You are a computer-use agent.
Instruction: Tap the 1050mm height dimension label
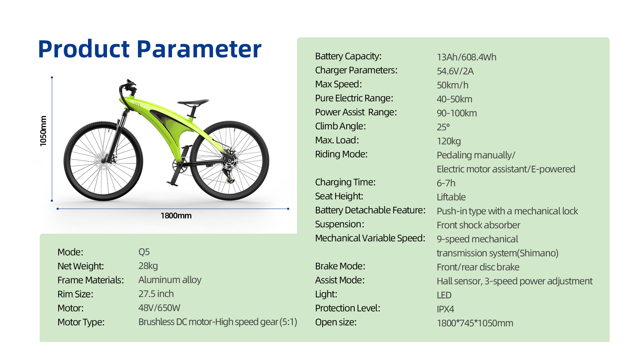pyautogui.click(x=43, y=131)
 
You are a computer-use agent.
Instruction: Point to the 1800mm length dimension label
pyautogui.click(x=176, y=216)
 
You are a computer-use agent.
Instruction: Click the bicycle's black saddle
pyautogui.click(x=193, y=102)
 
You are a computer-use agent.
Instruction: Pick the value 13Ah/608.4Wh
pyautogui.click(x=467, y=57)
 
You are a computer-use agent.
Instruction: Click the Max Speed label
pyautogui.click(x=338, y=84)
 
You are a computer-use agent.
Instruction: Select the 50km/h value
pyautogui.click(x=453, y=85)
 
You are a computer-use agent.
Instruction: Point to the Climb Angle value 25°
pyautogui.click(x=443, y=127)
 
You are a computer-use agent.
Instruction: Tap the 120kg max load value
pyautogui.click(x=449, y=141)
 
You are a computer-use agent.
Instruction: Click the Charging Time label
pyautogui.click(x=345, y=182)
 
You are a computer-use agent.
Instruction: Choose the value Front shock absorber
pyautogui.click(x=478, y=225)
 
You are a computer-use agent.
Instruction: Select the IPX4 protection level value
pyautogui.click(x=445, y=309)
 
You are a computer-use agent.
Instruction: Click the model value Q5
pyautogui.click(x=144, y=252)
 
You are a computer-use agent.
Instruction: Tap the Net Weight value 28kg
pyautogui.click(x=148, y=266)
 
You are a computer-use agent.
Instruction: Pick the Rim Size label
pyautogui.click(x=75, y=294)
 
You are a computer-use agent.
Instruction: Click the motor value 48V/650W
pyautogui.click(x=159, y=308)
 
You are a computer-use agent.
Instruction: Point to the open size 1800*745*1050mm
pyautogui.click(x=475, y=323)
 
